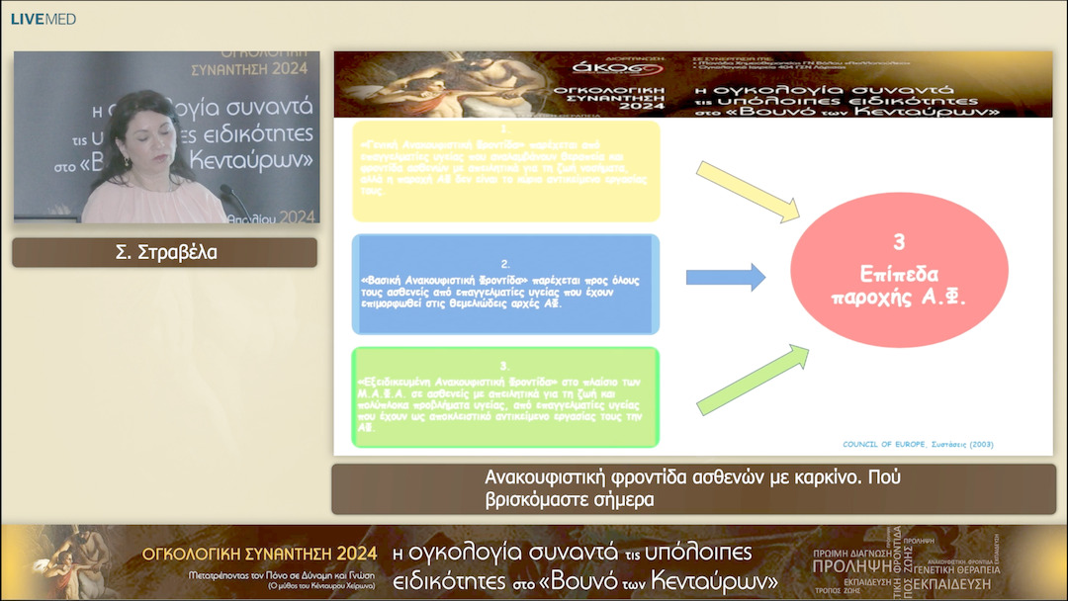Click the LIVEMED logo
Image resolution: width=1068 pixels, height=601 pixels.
click(x=44, y=19)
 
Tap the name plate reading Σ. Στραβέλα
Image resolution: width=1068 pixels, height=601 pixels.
click(x=165, y=253)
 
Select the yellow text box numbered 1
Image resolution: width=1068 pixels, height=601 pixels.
click(x=505, y=171)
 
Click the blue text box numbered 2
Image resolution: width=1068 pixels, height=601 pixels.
click(x=505, y=284)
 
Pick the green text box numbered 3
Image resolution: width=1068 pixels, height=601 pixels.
click(x=505, y=396)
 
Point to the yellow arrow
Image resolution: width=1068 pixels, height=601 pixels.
click(x=748, y=189)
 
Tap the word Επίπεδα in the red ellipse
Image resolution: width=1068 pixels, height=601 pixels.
click(x=898, y=274)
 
